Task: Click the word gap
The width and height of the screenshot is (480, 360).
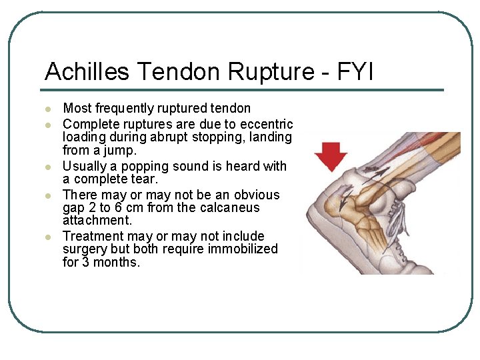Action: click(x=73, y=207)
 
